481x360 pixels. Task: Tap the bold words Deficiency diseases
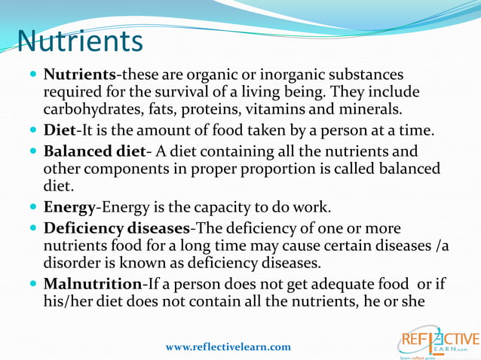tap(116, 227)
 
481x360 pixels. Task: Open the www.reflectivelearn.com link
tap(228, 346)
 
